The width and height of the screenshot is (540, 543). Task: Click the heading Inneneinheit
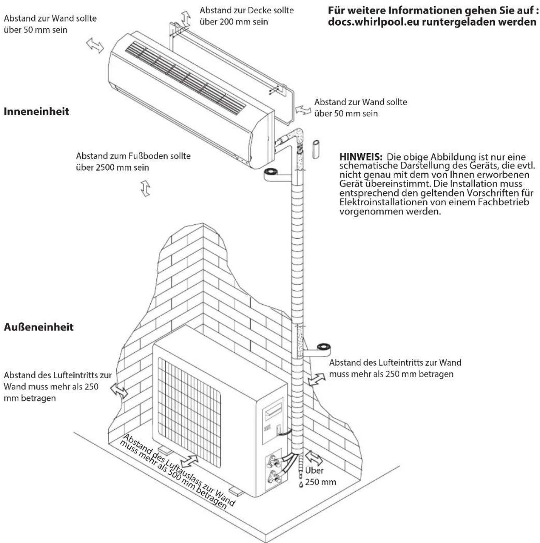point(36,111)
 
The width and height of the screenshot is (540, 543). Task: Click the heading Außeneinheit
point(38,327)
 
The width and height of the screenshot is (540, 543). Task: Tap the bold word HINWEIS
point(361,157)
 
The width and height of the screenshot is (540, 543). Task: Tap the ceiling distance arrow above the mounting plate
point(186,18)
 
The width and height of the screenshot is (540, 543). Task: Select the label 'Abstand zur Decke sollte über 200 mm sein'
point(246,16)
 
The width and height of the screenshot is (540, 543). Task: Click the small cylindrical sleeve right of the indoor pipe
point(316,149)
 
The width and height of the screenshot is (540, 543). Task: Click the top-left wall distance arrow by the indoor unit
point(95,45)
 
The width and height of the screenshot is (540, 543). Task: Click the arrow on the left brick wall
point(119,391)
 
